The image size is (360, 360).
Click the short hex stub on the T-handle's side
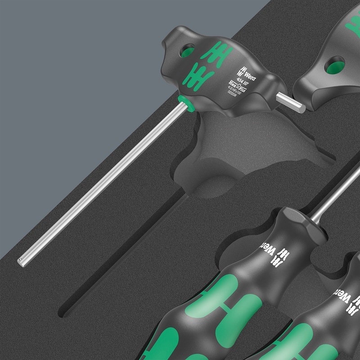tap(291, 102)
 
